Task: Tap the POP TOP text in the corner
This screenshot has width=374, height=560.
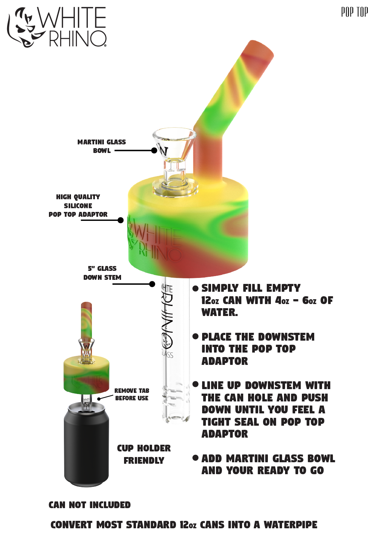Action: [x=355, y=12]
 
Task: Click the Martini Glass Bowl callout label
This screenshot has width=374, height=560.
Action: [x=102, y=146]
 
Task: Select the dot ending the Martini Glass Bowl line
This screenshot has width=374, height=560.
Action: [x=154, y=150]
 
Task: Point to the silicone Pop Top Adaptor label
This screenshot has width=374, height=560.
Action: [x=78, y=206]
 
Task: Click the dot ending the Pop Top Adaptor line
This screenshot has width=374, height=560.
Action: [x=121, y=220]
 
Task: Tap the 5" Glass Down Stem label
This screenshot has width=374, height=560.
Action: [x=102, y=273]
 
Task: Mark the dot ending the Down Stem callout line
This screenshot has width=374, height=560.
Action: [x=152, y=284]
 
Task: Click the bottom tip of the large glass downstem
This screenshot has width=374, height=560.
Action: [x=175, y=422]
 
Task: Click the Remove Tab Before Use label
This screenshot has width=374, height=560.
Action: [x=132, y=394]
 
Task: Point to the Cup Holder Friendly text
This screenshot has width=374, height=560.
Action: [x=144, y=454]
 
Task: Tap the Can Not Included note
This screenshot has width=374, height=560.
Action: [x=90, y=505]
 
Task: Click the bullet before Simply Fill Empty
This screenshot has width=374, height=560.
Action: [x=195, y=288]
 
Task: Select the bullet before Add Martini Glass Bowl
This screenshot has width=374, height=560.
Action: [x=195, y=458]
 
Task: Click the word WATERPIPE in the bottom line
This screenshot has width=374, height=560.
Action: [x=291, y=525]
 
